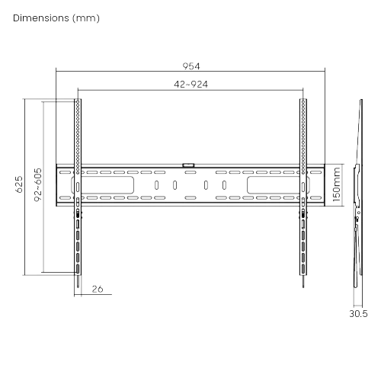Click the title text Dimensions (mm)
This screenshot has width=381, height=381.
[x=57, y=18]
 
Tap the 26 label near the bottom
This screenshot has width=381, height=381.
[x=97, y=290]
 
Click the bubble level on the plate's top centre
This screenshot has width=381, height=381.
[x=189, y=162]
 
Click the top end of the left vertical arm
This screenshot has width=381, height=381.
[x=78, y=100]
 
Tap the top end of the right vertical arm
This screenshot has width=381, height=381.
[x=304, y=100]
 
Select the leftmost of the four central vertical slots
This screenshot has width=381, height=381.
[x=156, y=185]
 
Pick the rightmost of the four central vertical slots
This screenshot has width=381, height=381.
[x=224, y=185]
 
